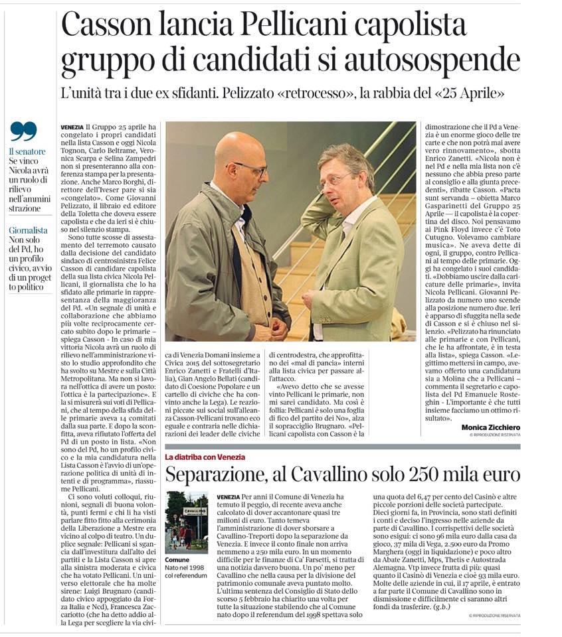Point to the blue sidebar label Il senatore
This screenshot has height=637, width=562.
click(x=27, y=151)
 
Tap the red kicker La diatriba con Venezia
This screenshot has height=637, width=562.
click(x=205, y=457)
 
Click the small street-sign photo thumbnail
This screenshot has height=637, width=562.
click(x=186, y=522)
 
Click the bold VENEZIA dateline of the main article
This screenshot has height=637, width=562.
click(x=71, y=127)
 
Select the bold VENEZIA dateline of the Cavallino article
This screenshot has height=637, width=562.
click(x=229, y=496)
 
